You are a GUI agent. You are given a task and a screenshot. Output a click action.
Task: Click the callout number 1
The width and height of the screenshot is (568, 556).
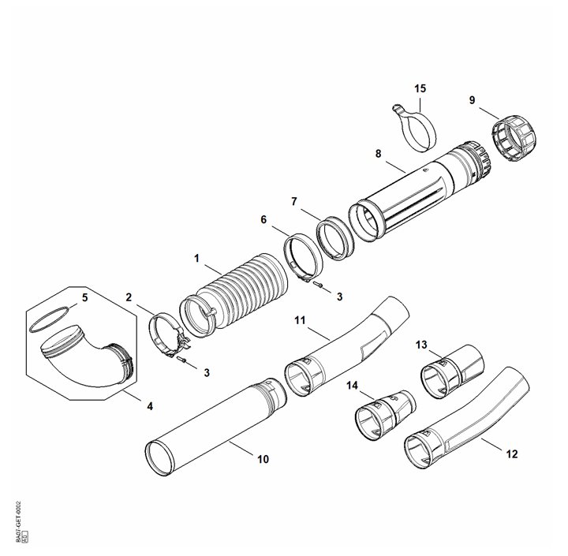(x=196, y=258)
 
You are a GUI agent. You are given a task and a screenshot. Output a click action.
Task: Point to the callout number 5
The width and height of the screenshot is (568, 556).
(x=86, y=299)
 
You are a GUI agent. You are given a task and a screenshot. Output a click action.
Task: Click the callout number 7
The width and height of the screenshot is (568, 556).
(x=293, y=202)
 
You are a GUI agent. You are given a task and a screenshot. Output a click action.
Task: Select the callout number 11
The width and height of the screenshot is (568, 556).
(x=300, y=321)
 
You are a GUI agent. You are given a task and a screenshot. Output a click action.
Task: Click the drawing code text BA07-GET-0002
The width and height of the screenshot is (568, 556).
(x=18, y=522)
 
